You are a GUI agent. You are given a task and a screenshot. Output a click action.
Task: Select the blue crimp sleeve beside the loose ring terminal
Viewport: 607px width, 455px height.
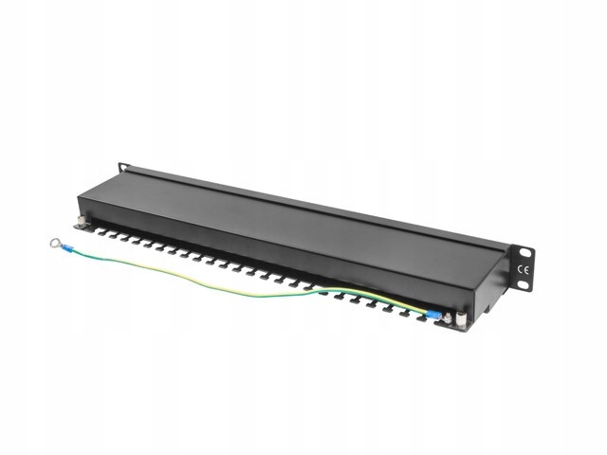72,250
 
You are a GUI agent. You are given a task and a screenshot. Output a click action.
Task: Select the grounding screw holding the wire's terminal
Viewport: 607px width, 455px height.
446,319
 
